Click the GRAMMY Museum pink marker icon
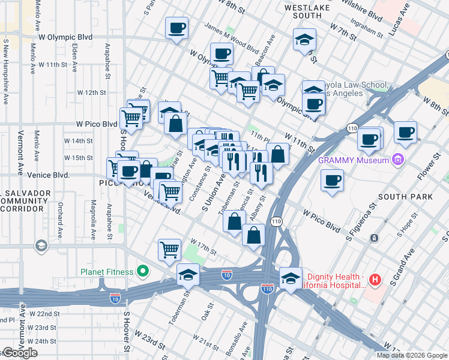(396, 160)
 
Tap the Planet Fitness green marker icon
(142, 272)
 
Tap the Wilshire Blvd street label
(361, 12)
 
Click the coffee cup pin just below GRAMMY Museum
(331, 179)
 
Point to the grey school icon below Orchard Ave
(41, 245)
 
